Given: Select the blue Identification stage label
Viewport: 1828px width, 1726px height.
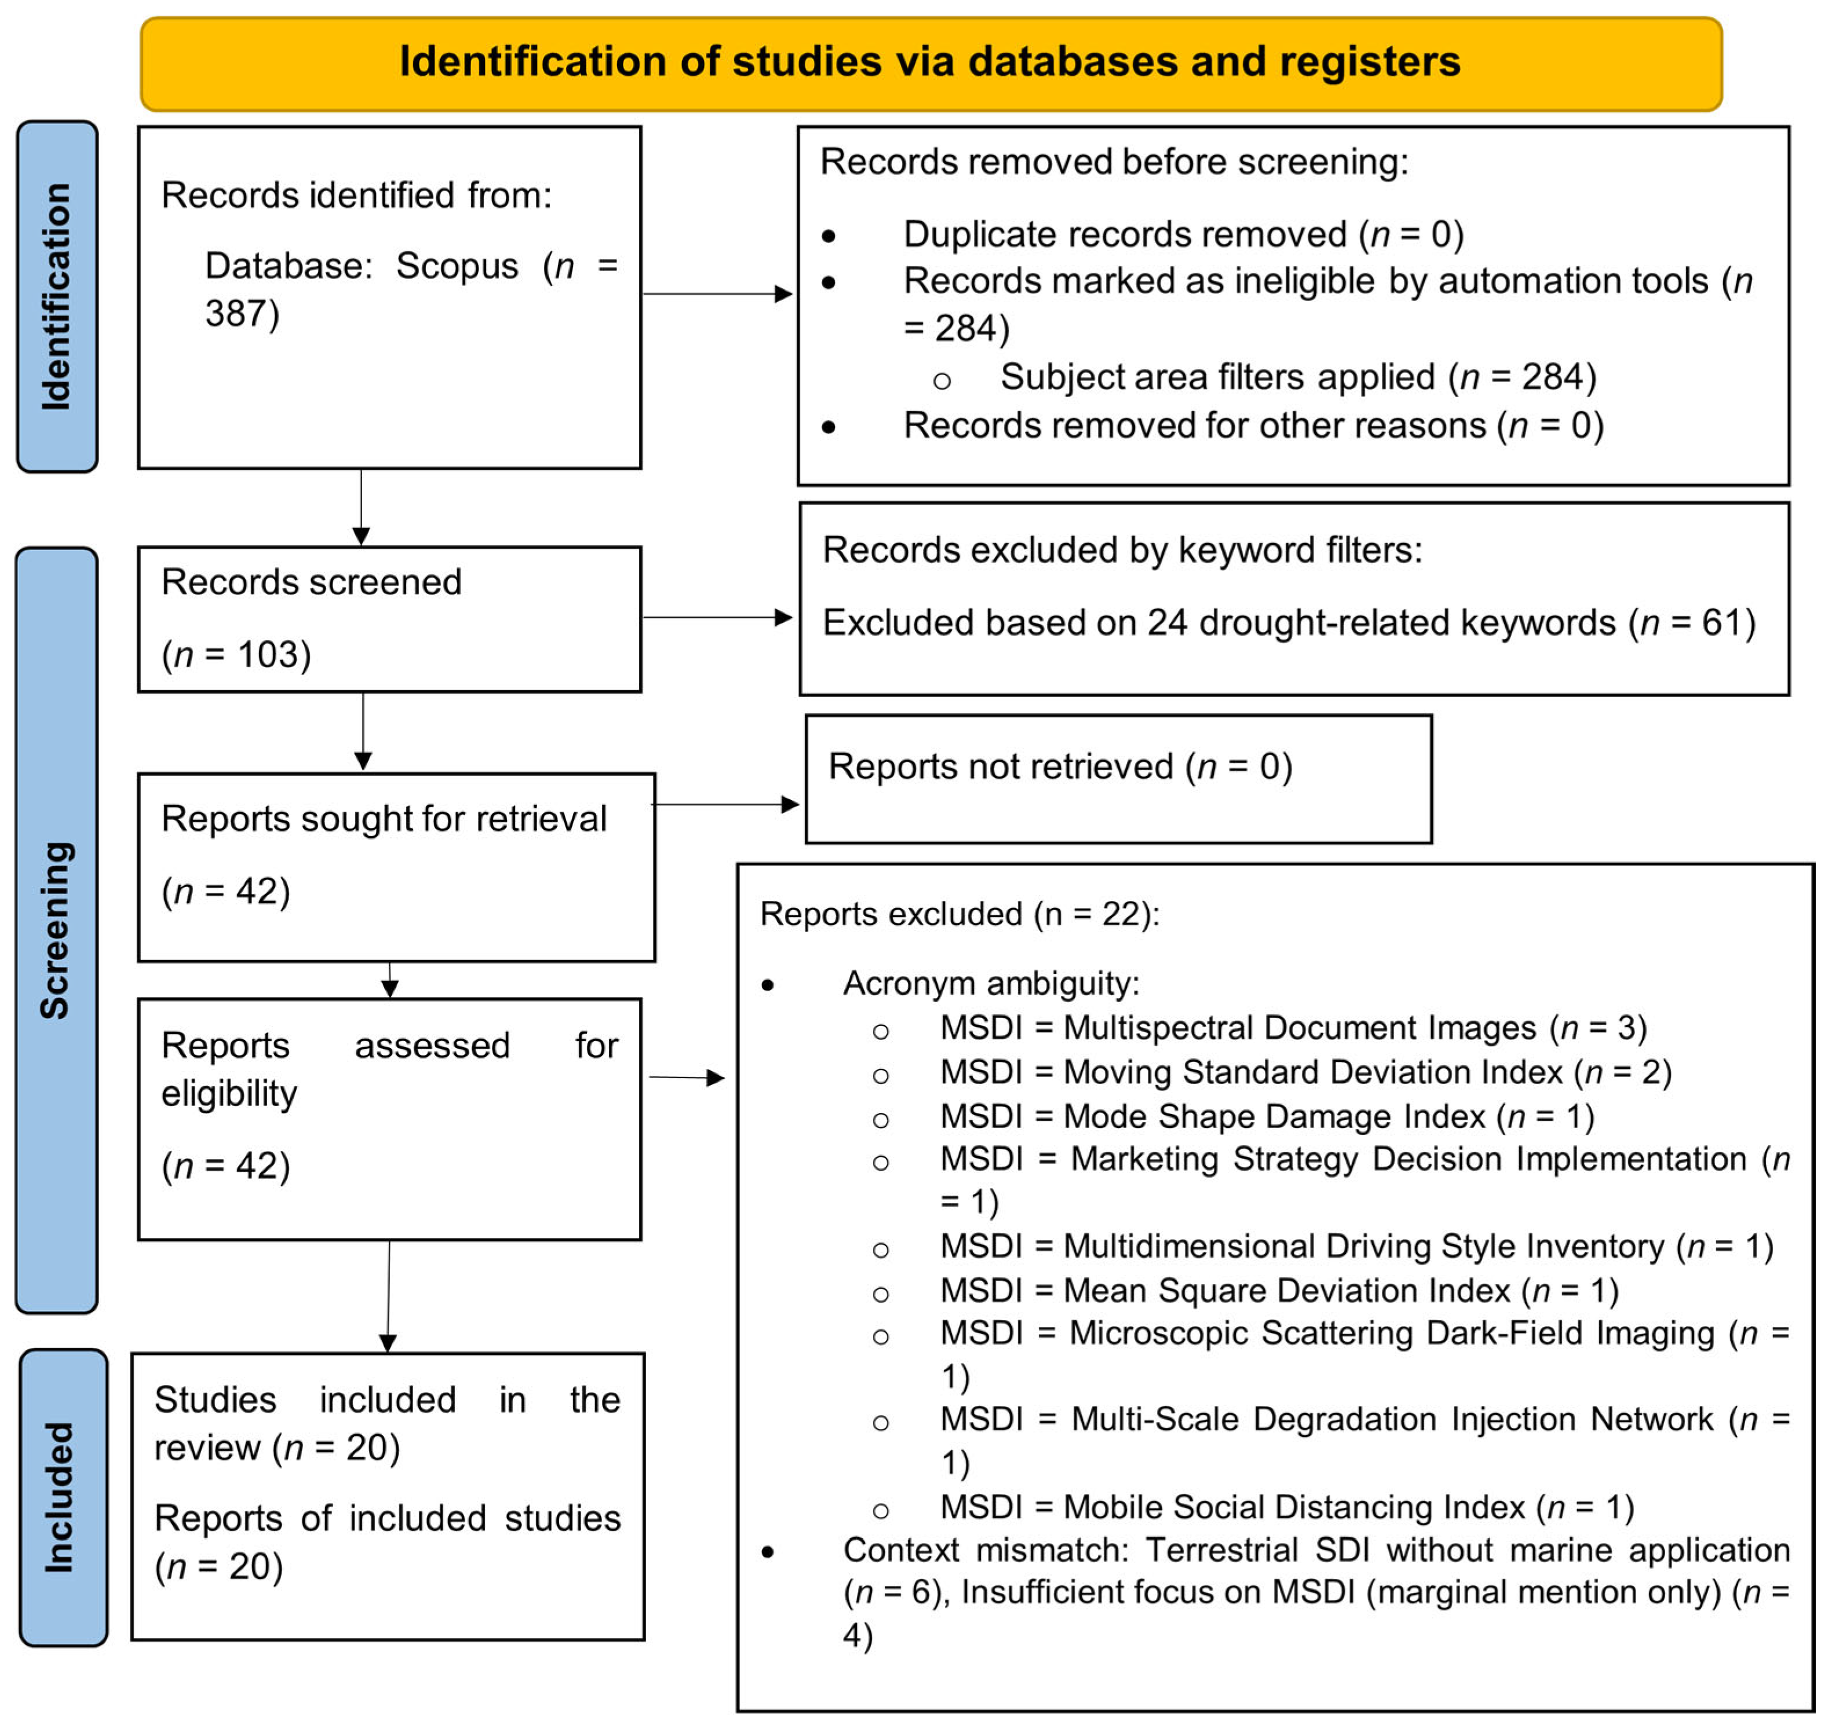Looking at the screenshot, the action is tap(57, 296).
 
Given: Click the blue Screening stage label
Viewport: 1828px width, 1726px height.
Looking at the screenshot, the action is tap(56, 930).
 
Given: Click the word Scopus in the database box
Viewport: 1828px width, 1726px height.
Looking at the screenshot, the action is tap(458, 266).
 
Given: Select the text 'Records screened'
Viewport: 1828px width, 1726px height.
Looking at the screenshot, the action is tap(311, 582).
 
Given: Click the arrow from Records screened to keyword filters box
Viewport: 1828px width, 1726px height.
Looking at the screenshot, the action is tap(718, 617).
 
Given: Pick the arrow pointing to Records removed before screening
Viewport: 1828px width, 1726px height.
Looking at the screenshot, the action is tap(718, 294).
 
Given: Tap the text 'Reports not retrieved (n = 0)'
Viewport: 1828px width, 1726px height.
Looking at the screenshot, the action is tap(1060, 767).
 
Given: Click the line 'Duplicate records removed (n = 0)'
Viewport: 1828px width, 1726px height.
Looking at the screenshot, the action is tap(1184, 234).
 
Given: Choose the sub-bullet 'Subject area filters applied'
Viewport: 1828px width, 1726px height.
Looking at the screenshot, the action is tap(1298, 377).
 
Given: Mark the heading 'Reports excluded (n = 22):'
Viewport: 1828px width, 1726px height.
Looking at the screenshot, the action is tap(960, 914).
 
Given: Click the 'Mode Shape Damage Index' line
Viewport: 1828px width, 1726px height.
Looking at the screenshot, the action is tap(1268, 1116).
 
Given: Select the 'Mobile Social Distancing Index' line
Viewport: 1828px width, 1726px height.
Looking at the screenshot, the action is tap(1287, 1507).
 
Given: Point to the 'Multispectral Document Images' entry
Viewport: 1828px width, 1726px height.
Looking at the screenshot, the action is tap(1293, 1028).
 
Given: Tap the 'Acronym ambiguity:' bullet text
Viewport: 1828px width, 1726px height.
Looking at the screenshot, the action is tap(991, 984).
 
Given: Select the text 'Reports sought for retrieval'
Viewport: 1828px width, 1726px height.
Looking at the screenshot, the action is tap(384, 819).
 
